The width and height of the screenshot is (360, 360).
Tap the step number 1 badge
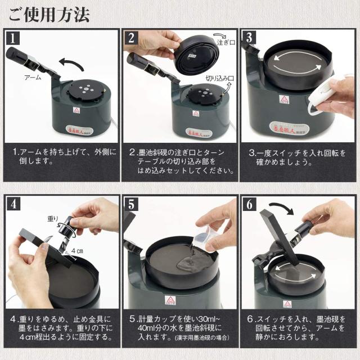[13, 39]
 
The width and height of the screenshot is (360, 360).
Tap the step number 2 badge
[132, 39]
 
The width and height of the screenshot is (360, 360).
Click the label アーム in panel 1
[33, 78]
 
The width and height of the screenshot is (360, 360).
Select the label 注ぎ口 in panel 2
[224, 42]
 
